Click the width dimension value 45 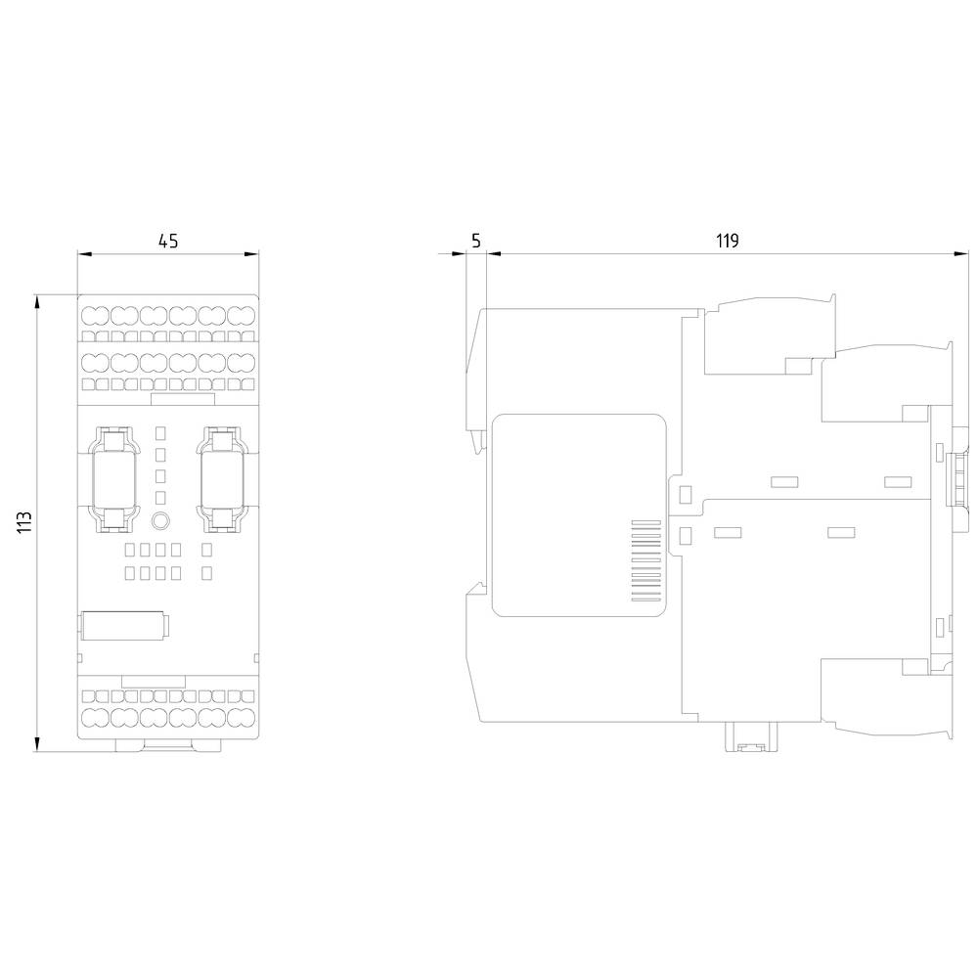point(168,241)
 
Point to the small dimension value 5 point(475,241)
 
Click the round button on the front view point(162,521)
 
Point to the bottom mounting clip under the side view point(749,738)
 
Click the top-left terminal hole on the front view point(94,315)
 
